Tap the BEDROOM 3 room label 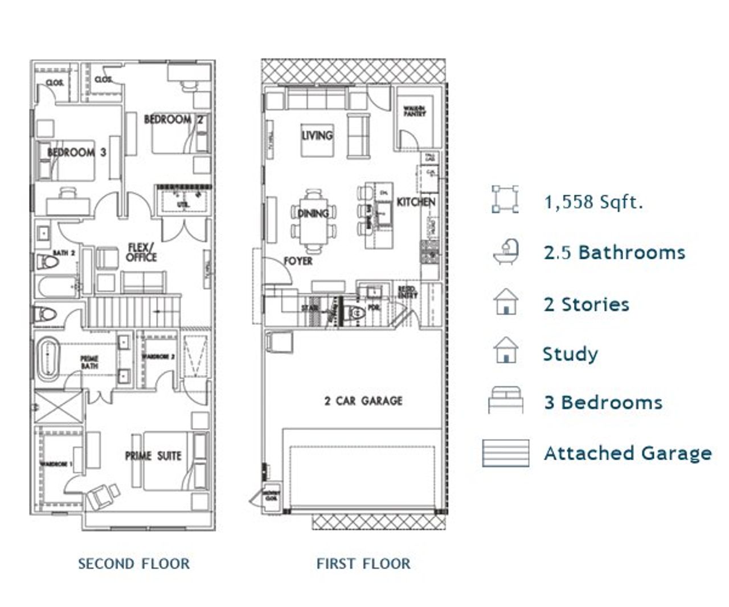76,152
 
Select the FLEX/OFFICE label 141,253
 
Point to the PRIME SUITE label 153,456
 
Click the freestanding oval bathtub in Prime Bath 48,361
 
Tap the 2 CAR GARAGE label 363,401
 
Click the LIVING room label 317,135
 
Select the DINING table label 313,213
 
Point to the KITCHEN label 416,202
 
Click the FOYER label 298,261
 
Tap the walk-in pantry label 415,112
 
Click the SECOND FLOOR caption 134,564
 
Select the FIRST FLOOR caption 363,564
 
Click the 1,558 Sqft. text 593,202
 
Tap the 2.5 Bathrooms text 614,253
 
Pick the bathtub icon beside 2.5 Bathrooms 506,252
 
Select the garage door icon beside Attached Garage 505,453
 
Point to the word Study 570,354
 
